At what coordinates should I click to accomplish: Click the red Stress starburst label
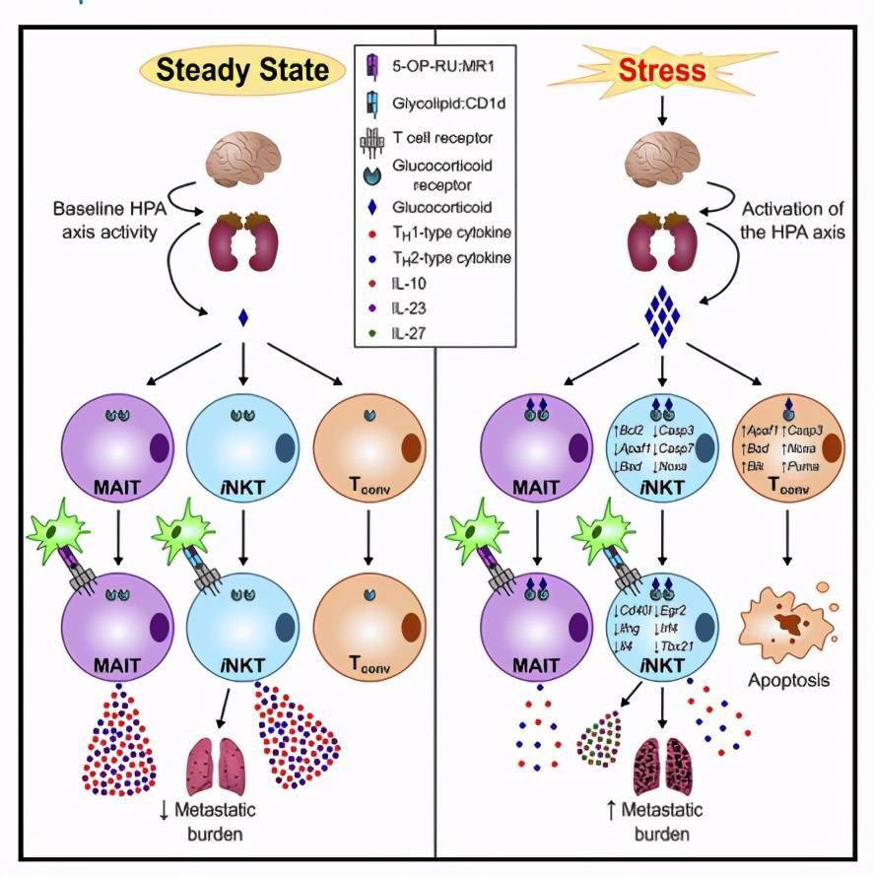tap(663, 70)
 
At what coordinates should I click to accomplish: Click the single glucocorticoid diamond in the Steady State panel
tap(242, 317)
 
